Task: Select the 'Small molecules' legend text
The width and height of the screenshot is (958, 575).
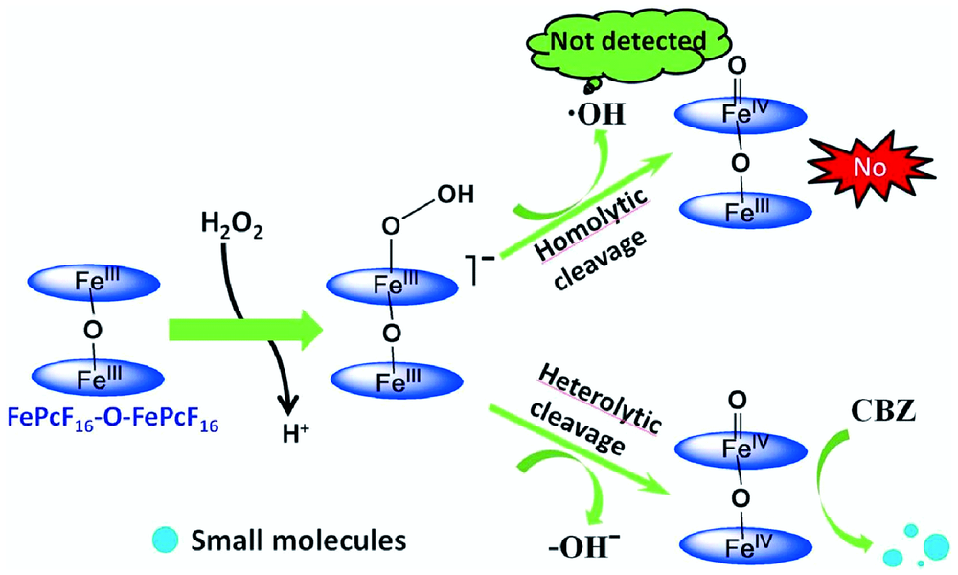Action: (x=297, y=539)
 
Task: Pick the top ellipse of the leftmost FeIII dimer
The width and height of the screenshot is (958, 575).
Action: (x=99, y=285)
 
